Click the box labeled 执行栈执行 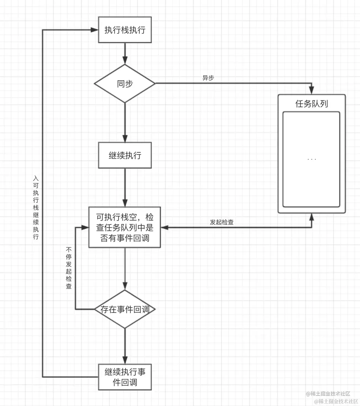[x=125, y=30]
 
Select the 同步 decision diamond [x=125, y=83]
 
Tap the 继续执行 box [x=125, y=155]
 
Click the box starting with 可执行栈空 [x=125, y=227]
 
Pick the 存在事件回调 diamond [x=125, y=309]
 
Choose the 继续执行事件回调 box [x=125, y=377]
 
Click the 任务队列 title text [x=311, y=104]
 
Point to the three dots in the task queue [x=311, y=159]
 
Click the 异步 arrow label [x=208, y=78]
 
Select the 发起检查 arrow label [x=222, y=222]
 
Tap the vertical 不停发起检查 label [x=69, y=268]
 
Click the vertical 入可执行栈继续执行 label [x=36, y=207]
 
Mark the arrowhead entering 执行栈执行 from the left [x=94, y=30]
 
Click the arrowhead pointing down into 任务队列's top [x=311, y=90]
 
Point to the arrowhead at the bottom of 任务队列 [x=311, y=217]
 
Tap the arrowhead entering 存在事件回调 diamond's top [x=125, y=286]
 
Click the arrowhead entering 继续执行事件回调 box [x=125, y=360]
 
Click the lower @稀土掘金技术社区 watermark [x=336, y=401]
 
